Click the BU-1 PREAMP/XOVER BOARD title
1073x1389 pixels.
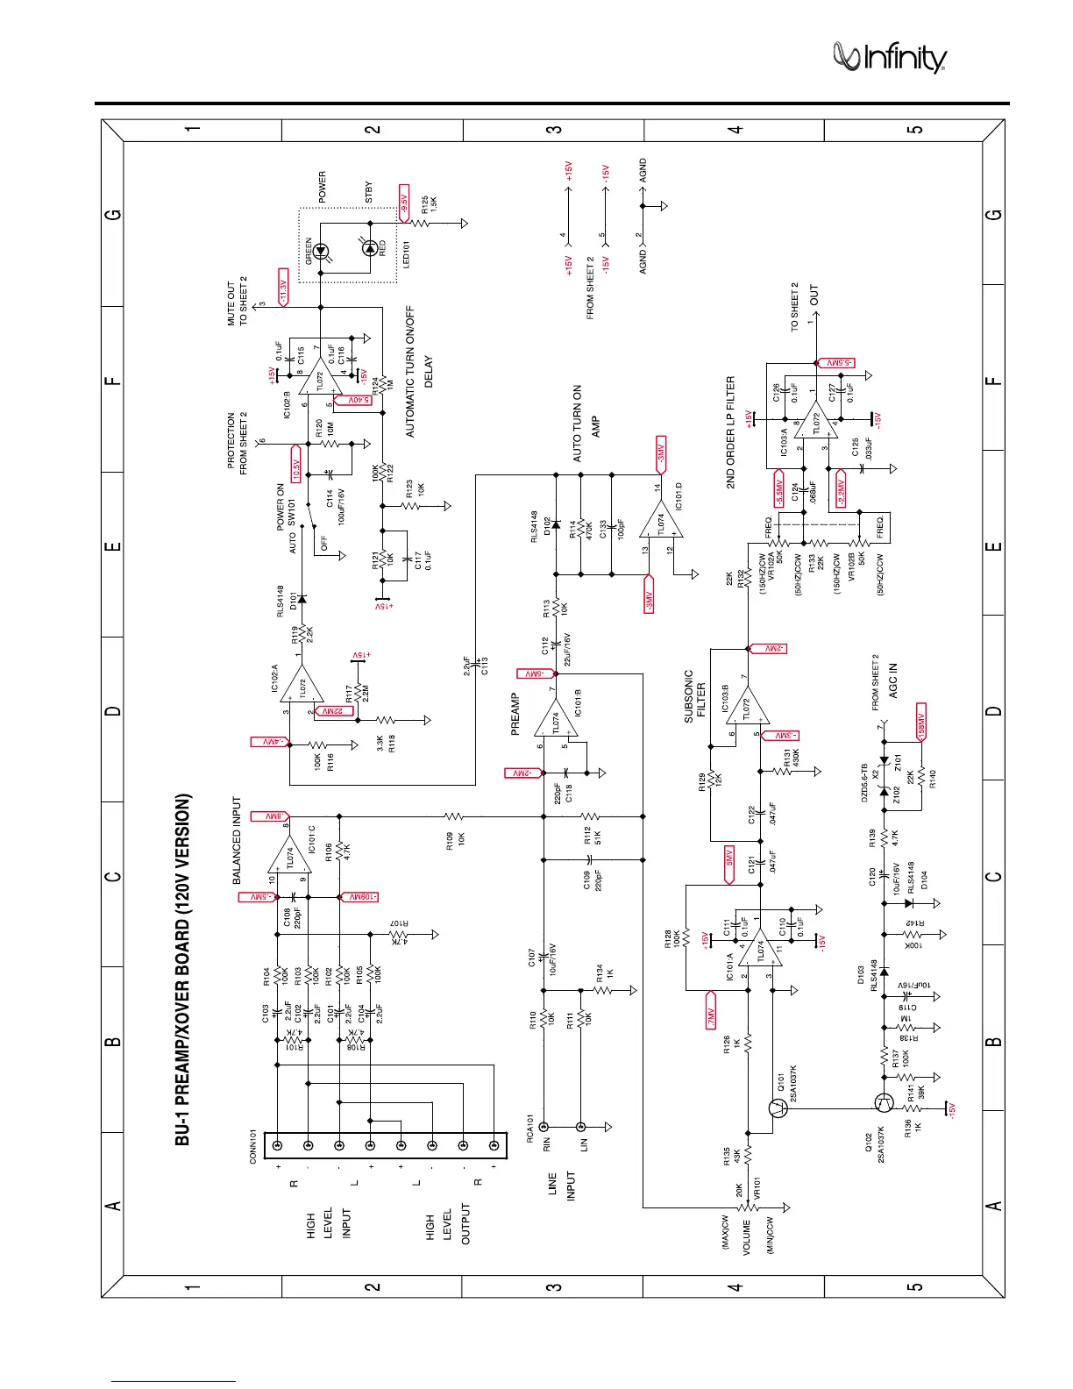182,969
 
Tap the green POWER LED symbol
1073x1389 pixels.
321,251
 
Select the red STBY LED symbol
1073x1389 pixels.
371,249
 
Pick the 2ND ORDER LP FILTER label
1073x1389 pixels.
730,432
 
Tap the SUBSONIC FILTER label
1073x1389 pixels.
694,695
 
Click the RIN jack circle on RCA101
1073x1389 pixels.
544,1126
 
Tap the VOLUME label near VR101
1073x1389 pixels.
747,1237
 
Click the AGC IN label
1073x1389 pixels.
892,680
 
